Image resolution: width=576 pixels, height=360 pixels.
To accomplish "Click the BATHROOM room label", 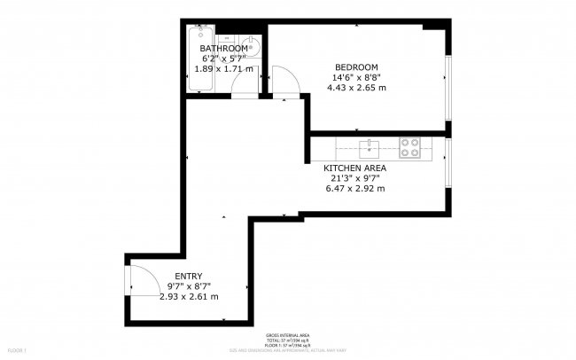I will pyautogui.click(x=223, y=48).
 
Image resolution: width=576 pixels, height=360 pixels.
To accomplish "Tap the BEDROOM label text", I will pyautogui.click(x=356, y=67).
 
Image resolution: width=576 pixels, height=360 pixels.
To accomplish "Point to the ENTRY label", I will pyautogui.click(x=188, y=276).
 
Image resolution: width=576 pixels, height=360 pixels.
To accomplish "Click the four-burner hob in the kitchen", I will pyautogui.click(x=409, y=147).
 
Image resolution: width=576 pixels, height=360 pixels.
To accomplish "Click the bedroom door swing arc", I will pyautogui.click(x=284, y=81).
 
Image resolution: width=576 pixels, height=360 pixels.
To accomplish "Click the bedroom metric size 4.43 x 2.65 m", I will pyautogui.click(x=356, y=88).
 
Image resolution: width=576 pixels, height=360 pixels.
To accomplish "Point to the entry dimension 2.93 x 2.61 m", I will pyautogui.click(x=188, y=296).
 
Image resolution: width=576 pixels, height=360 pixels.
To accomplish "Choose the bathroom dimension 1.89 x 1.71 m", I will pyautogui.click(x=223, y=68).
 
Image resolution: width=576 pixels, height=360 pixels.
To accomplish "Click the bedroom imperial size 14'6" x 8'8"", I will pyautogui.click(x=356, y=78).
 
